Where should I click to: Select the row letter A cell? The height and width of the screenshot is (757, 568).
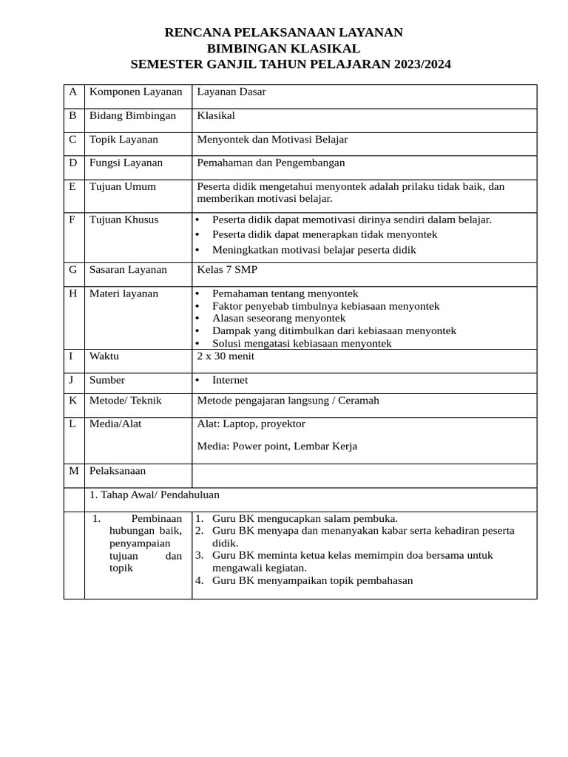click(x=72, y=92)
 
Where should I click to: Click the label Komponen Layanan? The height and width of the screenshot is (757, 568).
click(x=135, y=92)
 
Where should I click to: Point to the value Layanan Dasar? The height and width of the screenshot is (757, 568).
click(x=231, y=92)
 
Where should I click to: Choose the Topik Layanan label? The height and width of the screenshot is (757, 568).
click(x=124, y=139)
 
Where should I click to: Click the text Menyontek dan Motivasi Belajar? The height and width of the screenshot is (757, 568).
click(x=272, y=139)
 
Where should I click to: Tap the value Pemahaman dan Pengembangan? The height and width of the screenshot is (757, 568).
click(x=271, y=163)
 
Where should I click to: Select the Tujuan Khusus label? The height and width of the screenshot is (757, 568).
click(x=124, y=220)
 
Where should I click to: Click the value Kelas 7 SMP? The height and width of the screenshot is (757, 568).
click(x=227, y=270)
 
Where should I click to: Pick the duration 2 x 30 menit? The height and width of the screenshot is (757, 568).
click(x=226, y=356)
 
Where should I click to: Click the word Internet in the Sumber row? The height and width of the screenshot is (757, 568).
click(x=230, y=380)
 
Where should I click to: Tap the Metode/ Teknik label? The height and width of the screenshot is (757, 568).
click(x=125, y=401)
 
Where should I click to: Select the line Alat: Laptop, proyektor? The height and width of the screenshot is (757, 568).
click(x=251, y=424)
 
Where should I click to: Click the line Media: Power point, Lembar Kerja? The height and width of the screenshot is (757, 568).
click(x=277, y=446)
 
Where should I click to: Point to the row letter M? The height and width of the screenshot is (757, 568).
click(x=73, y=471)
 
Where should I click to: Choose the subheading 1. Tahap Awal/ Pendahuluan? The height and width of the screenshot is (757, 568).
click(x=154, y=495)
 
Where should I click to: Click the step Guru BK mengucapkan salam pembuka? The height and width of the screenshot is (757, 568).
click(x=305, y=518)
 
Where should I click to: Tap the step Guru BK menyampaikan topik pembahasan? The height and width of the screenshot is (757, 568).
click(x=312, y=580)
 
